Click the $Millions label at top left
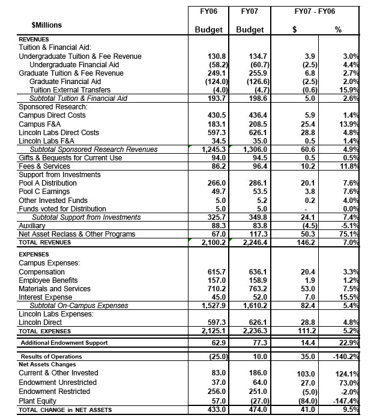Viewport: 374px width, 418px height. point(46,25)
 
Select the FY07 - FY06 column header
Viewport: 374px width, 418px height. point(315,11)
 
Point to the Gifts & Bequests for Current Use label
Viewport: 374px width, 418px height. point(70,158)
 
